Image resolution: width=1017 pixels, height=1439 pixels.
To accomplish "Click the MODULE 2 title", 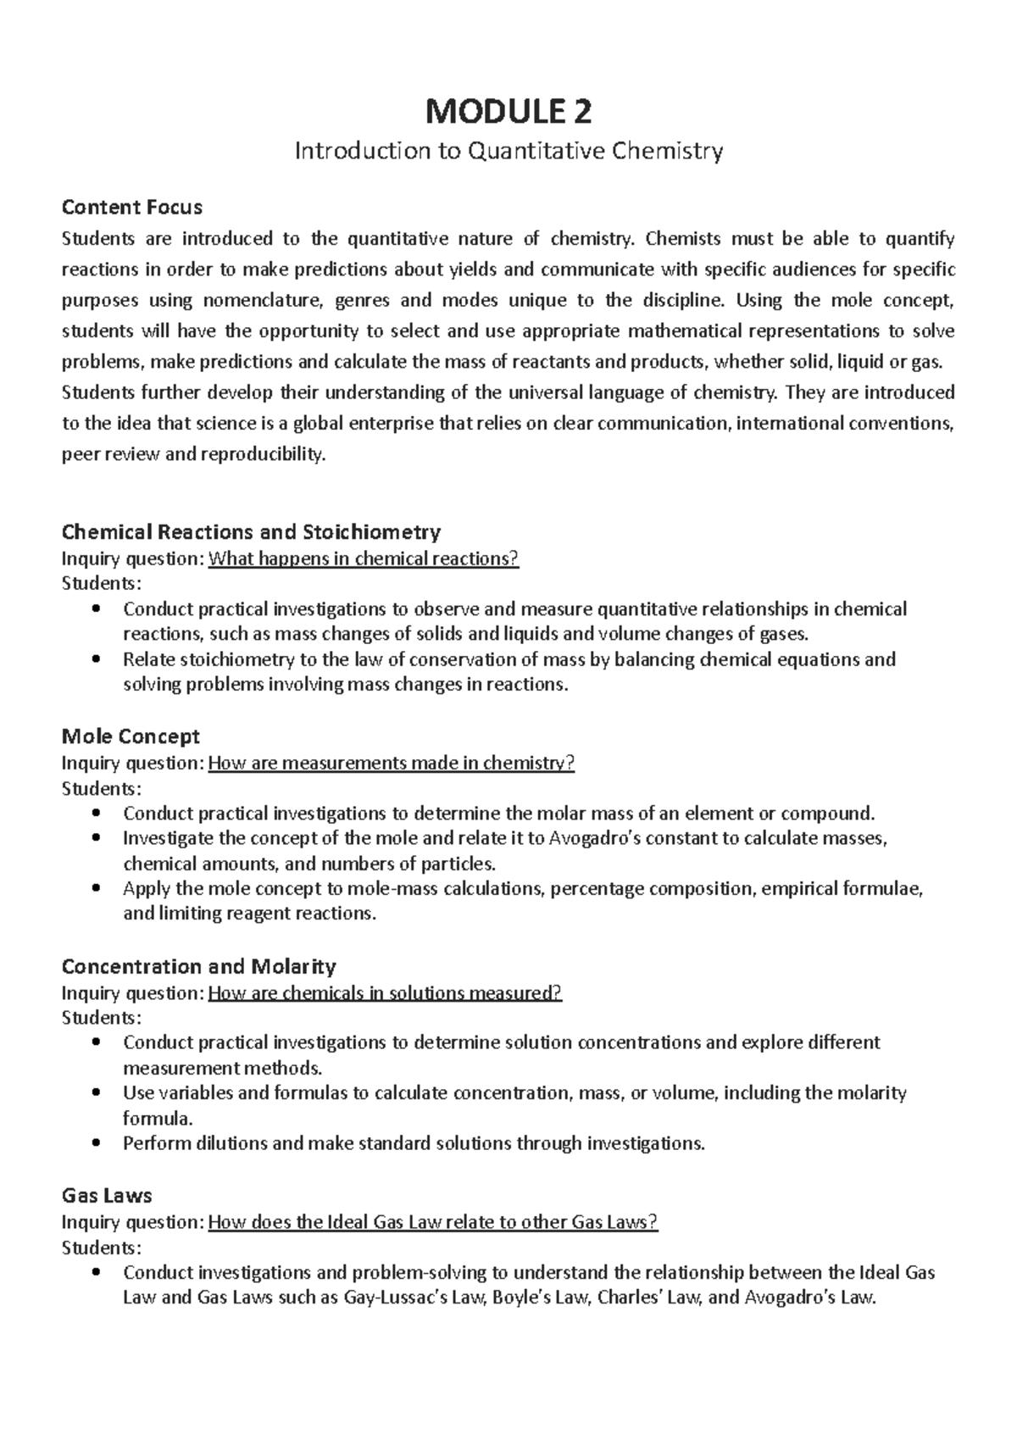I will (508, 111).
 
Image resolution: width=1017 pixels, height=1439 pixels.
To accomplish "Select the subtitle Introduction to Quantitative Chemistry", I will (508, 152).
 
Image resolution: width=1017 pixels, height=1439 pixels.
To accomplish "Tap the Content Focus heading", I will (132, 207).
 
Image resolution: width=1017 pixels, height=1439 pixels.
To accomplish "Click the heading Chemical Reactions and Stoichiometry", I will (251, 532).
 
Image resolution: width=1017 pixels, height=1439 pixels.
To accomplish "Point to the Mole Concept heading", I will (131, 736).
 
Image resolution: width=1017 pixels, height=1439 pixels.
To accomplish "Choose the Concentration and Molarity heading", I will (198, 966).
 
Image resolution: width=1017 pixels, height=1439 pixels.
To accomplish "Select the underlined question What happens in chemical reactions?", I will (363, 558).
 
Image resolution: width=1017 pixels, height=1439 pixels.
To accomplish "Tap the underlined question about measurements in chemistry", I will (391, 763).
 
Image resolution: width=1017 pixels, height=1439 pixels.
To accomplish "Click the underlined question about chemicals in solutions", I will (385, 992).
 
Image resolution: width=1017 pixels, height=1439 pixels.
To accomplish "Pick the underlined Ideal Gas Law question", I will (432, 1222).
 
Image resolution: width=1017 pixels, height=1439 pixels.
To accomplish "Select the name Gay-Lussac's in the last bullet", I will (406, 1297).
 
